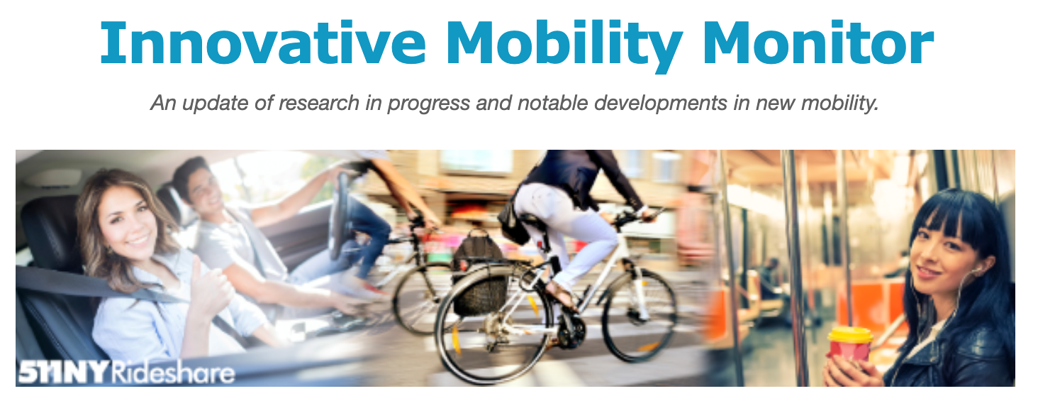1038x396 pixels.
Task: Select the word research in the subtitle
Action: [319, 104]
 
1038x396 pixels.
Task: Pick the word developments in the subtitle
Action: [661, 104]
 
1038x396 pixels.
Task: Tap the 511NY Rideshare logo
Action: [126, 372]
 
